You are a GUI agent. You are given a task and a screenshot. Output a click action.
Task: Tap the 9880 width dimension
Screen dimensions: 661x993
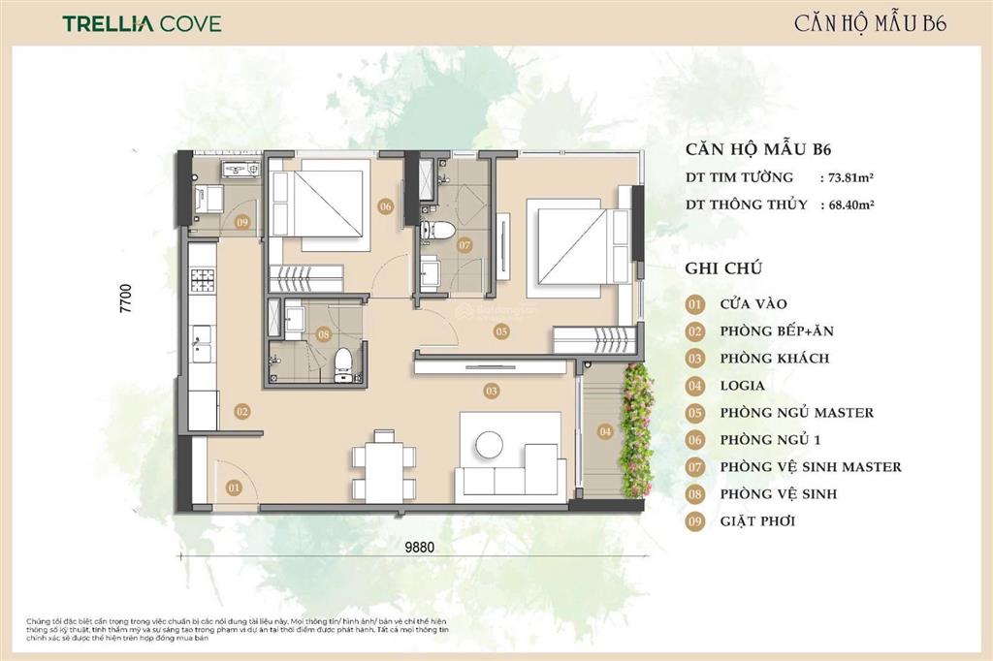[x=420, y=546]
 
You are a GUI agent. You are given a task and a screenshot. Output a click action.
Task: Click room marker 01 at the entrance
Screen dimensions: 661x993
[x=233, y=488]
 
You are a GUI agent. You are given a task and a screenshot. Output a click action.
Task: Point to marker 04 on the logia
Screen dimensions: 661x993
[x=605, y=431]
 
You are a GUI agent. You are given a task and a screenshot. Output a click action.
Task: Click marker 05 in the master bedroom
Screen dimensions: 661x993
[x=500, y=331]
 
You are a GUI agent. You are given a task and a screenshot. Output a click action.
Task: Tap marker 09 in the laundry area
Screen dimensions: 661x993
[x=242, y=222]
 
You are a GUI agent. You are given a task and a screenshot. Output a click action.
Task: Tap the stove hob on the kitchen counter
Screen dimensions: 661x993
[x=203, y=280]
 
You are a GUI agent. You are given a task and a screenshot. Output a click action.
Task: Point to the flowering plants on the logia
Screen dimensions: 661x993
[x=637, y=426]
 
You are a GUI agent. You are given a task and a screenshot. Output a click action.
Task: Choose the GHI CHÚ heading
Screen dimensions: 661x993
[x=723, y=268]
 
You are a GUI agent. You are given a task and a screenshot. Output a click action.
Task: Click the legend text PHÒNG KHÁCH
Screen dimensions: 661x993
[x=774, y=358]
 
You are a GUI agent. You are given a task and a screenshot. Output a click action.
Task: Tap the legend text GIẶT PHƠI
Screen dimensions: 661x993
[x=763, y=520]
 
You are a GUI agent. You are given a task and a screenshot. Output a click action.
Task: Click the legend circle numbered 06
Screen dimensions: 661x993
[x=694, y=439]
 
